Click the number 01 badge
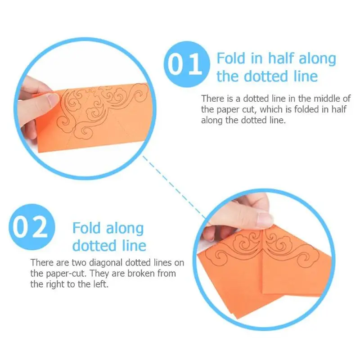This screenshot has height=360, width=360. click(x=187, y=64)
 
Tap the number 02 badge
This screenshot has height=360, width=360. click(x=32, y=227)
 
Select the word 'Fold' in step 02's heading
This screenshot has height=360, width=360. click(x=86, y=228)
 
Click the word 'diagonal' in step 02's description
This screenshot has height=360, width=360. click(x=105, y=263)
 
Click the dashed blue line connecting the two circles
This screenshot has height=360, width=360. click(x=174, y=187)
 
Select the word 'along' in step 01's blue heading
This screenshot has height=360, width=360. click(x=317, y=59)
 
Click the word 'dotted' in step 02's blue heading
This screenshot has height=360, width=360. click(x=94, y=246)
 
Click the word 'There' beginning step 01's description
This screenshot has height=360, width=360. click(x=212, y=99)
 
